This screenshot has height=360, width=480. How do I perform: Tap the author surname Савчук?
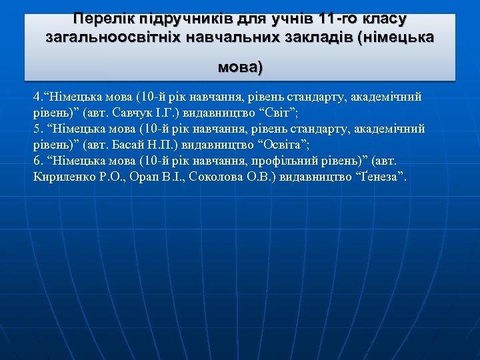[x=134, y=113]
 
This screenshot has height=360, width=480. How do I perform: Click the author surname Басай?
[x=132, y=145]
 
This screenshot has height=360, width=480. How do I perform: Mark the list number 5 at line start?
[x=36, y=129]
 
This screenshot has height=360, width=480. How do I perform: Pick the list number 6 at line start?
[x=36, y=161]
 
